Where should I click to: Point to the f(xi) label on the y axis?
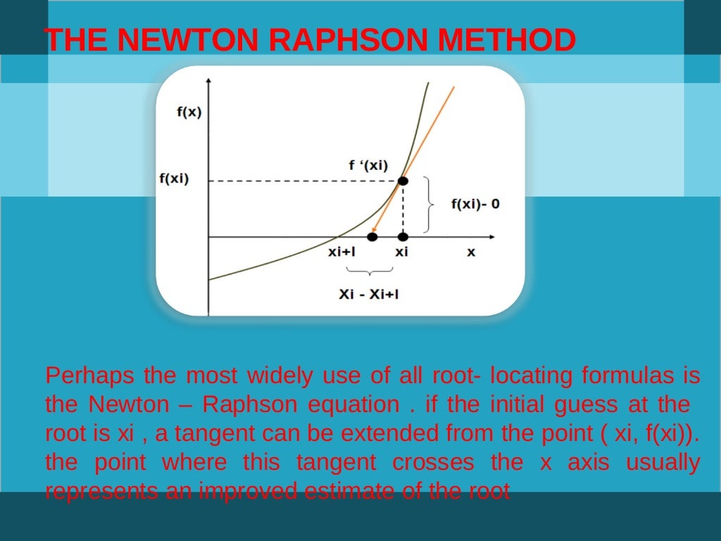(x=173, y=178)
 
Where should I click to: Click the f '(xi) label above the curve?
(x=368, y=166)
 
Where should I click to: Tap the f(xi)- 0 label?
(x=476, y=204)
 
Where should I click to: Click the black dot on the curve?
(x=403, y=181)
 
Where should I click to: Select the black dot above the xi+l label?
(x=372, y=237)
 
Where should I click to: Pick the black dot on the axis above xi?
(x=403, y=237)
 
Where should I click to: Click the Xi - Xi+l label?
(x=368, y=294)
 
